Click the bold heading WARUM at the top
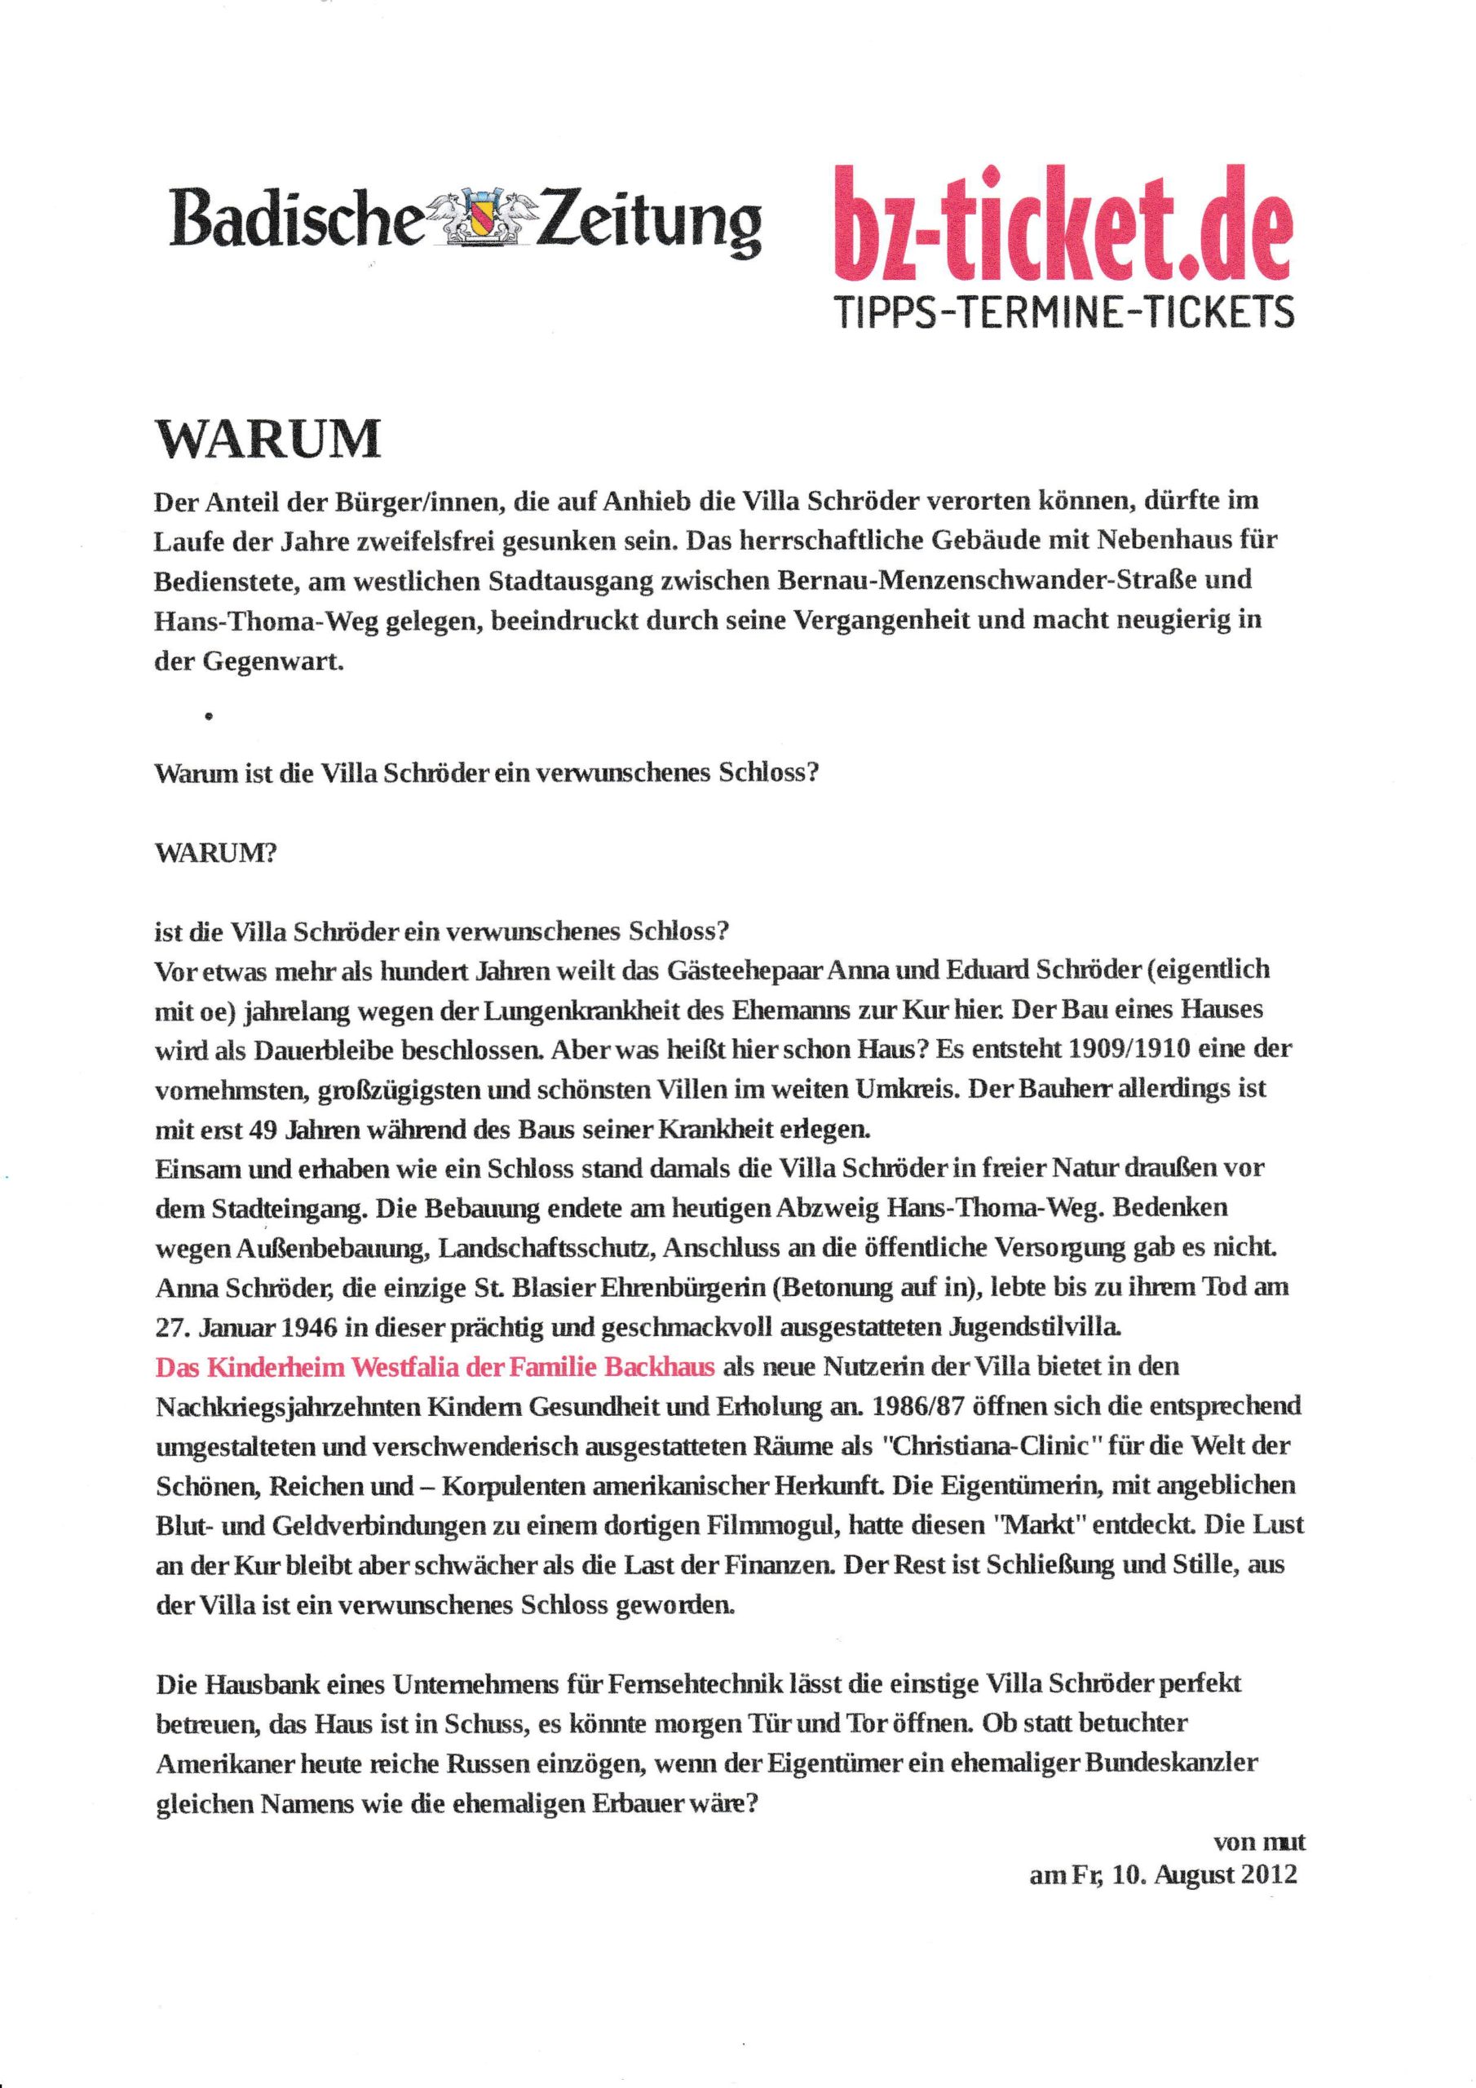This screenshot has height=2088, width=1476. coord(269,441)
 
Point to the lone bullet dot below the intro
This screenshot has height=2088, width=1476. coord(210,718)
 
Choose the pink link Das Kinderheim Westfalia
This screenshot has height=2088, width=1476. coord(435,1366)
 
